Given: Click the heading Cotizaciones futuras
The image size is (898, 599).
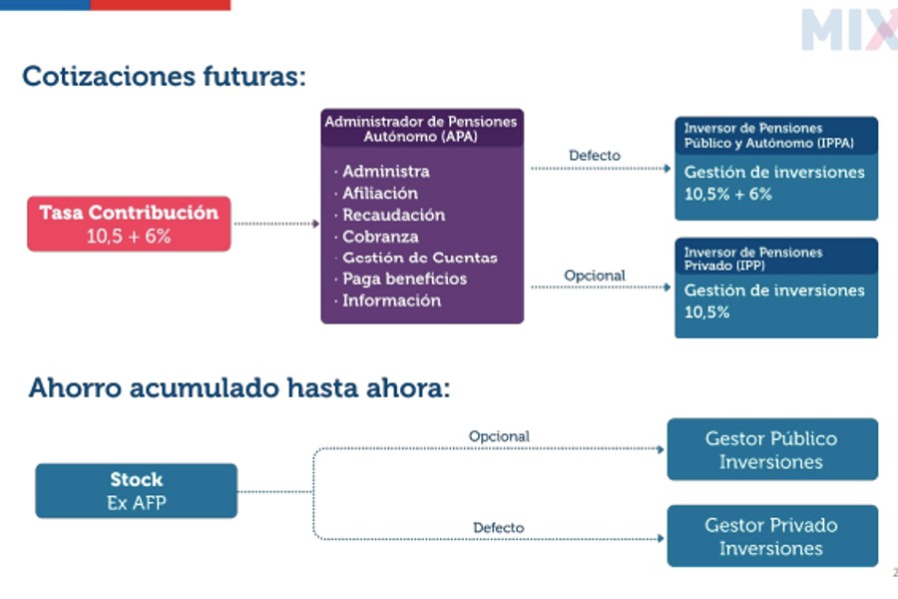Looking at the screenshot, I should point(164,76).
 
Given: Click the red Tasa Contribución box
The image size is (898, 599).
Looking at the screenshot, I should point(128,224).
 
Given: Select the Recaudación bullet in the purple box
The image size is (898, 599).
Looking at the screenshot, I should point(393,215).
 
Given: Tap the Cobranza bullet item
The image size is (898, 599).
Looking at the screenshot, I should point(380,237).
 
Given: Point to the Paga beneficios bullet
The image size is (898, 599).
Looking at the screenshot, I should point(404,279).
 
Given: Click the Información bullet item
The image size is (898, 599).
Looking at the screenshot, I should point(391,300).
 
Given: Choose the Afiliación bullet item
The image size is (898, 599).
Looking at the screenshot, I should point(380,193).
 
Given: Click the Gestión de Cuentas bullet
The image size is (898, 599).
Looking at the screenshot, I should point(419,258).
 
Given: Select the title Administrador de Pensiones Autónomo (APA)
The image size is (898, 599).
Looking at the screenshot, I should point(421,128).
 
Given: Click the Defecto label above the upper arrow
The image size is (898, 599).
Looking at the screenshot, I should point(594,156).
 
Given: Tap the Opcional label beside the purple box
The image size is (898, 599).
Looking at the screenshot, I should point(594,276).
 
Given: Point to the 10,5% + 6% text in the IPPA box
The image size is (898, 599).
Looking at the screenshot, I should point(727,194).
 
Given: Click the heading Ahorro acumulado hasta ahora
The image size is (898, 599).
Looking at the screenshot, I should point(239,388).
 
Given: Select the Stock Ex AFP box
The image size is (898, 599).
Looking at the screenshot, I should point(136,491).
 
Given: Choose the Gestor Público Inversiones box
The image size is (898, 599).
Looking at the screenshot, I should point(771,450).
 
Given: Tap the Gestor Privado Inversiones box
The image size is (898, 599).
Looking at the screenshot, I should point(771,536).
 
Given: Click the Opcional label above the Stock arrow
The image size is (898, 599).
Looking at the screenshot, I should point(499,436).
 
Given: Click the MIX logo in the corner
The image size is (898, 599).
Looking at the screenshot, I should point(848,30).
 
